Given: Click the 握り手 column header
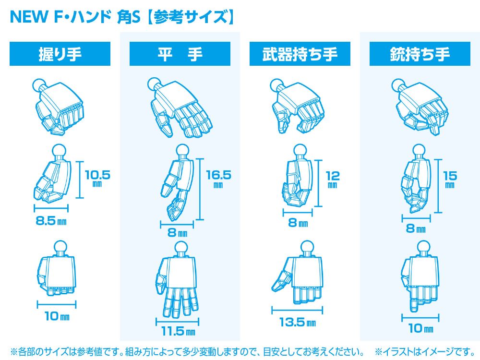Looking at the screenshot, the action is tap(60, 54).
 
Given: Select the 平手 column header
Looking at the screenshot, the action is tap(180, 54).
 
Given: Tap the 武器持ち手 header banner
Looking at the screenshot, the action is tap(300, 54).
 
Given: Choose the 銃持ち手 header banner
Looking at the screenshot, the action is tap(420, 54).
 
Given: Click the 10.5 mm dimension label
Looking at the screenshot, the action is tap(97, 178).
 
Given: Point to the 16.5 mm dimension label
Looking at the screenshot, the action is tap(218, 179).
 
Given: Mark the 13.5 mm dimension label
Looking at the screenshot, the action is tap(297, 322).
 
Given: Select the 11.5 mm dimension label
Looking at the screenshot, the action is tap(178, 331).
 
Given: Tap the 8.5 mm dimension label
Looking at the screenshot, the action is tap(51, 220).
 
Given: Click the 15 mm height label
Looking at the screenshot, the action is tap(450, 179).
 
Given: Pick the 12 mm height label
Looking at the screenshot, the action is tap(333, 179).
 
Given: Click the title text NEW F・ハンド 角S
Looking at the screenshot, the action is tap(75, 17).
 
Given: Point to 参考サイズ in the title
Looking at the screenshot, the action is tap(191, 17).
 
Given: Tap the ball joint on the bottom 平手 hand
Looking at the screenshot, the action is tap(181, 248).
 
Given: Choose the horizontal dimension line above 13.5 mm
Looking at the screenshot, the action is tap(297, 310).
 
